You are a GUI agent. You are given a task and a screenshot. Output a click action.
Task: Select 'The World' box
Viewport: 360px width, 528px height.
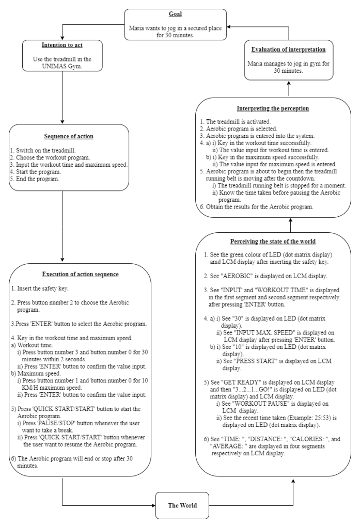click(x=179, y=505)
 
